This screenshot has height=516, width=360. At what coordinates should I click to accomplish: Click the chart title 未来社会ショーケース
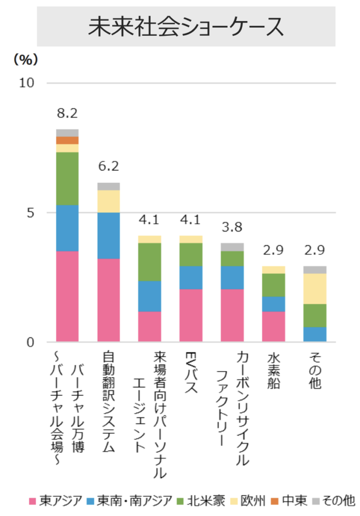click(186, 27)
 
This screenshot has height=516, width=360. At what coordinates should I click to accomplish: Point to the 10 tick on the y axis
click(26, 83)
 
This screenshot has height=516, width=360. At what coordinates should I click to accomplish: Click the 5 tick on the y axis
click(30, 212)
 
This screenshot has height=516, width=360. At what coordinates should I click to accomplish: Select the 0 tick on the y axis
click(30, 342)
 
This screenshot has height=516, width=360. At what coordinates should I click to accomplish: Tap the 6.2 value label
click(108, 167)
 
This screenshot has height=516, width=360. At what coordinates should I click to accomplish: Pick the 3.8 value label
click(232, 227)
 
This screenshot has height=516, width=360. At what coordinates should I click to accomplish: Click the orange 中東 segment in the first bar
click(67, 140)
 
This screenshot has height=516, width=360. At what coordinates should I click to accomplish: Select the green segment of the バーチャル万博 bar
click(67, 178)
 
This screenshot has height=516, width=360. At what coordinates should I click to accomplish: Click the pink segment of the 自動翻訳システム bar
click(108, 300)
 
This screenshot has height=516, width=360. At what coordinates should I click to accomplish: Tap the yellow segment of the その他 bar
click(314, 289)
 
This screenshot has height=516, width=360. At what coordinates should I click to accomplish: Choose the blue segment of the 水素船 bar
click(273, 304)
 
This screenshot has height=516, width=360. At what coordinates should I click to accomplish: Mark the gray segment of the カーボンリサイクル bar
click(232, 247)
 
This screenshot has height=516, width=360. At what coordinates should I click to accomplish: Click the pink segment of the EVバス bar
click(190, 315)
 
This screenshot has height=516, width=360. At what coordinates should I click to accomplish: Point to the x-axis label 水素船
click(273, 370)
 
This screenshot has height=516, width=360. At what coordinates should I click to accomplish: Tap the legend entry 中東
click(289, 501)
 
